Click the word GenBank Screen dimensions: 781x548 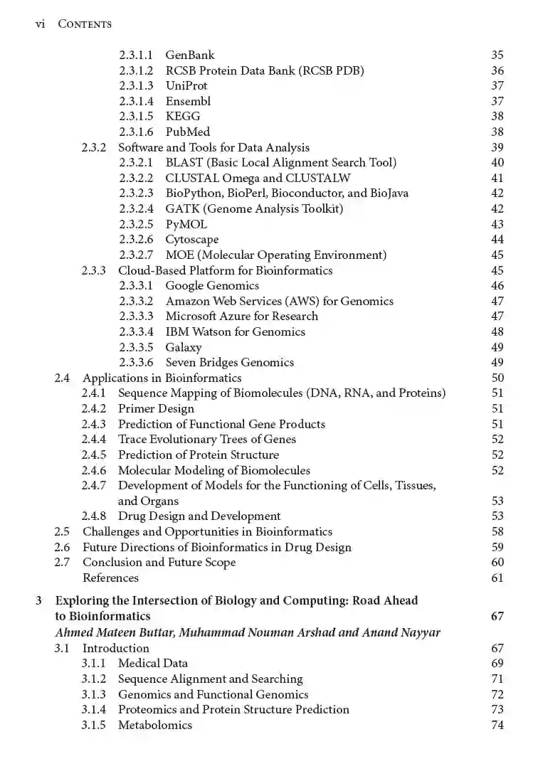coord(189,55)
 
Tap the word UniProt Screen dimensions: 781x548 coord(186,85)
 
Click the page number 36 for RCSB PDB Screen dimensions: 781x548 coord(497,70)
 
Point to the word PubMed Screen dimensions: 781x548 coord(188,132)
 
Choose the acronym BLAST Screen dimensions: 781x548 coord(184,162)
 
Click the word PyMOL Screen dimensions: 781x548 coord(186,224)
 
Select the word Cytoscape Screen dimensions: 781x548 coord(192,240)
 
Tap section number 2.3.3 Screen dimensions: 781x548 coord(94,270)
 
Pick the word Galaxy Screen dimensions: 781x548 coord(184,347)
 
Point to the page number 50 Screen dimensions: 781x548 coord(497,378)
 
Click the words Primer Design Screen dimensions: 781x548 coord(156,408)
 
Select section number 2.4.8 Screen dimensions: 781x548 coord(94,516)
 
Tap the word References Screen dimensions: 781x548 coord(110,578)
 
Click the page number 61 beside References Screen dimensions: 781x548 coord(497,578)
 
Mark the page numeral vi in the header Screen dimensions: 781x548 coord(41,23)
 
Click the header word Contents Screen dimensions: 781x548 coord(85,24)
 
